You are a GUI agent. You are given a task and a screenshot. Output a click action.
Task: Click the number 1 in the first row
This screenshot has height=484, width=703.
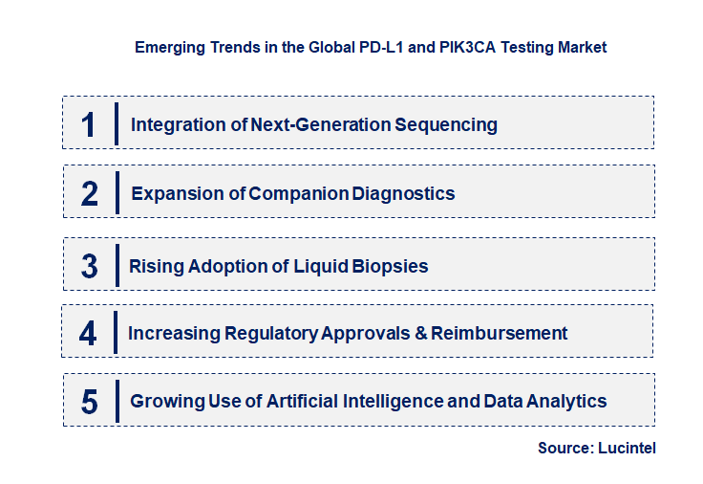pyautogui.click(x=89, y=124)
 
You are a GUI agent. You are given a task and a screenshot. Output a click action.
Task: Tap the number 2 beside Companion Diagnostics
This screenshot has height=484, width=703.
pyautogui.click(x=90, y=194)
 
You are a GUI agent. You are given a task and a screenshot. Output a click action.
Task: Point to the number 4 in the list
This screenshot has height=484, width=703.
pyautogui.click(x=88, y=334)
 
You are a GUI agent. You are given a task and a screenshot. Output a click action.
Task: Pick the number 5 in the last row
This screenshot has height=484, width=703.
pyautogui.click(x=89, y=402)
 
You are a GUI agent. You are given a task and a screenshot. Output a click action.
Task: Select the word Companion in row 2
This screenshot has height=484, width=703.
pyautogui.click(x=298, y=194)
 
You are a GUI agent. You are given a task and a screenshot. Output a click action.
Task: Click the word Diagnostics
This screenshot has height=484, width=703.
pyautogui.click(x=403, y=194)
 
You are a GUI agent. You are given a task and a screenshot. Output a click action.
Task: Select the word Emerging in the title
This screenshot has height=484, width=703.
pyautogui.click(x=167, y=47)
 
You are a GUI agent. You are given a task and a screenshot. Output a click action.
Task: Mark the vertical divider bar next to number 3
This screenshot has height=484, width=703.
pyautogui.click(x=117, y=265)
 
